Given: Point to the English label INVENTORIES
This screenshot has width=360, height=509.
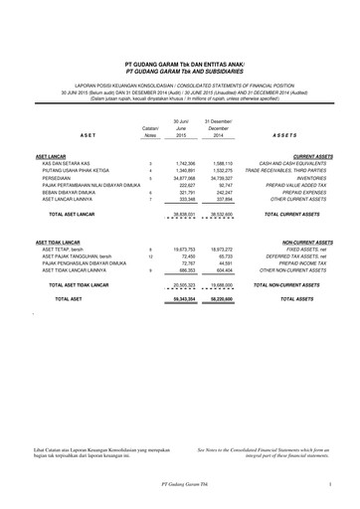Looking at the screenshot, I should pos(306,180).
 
